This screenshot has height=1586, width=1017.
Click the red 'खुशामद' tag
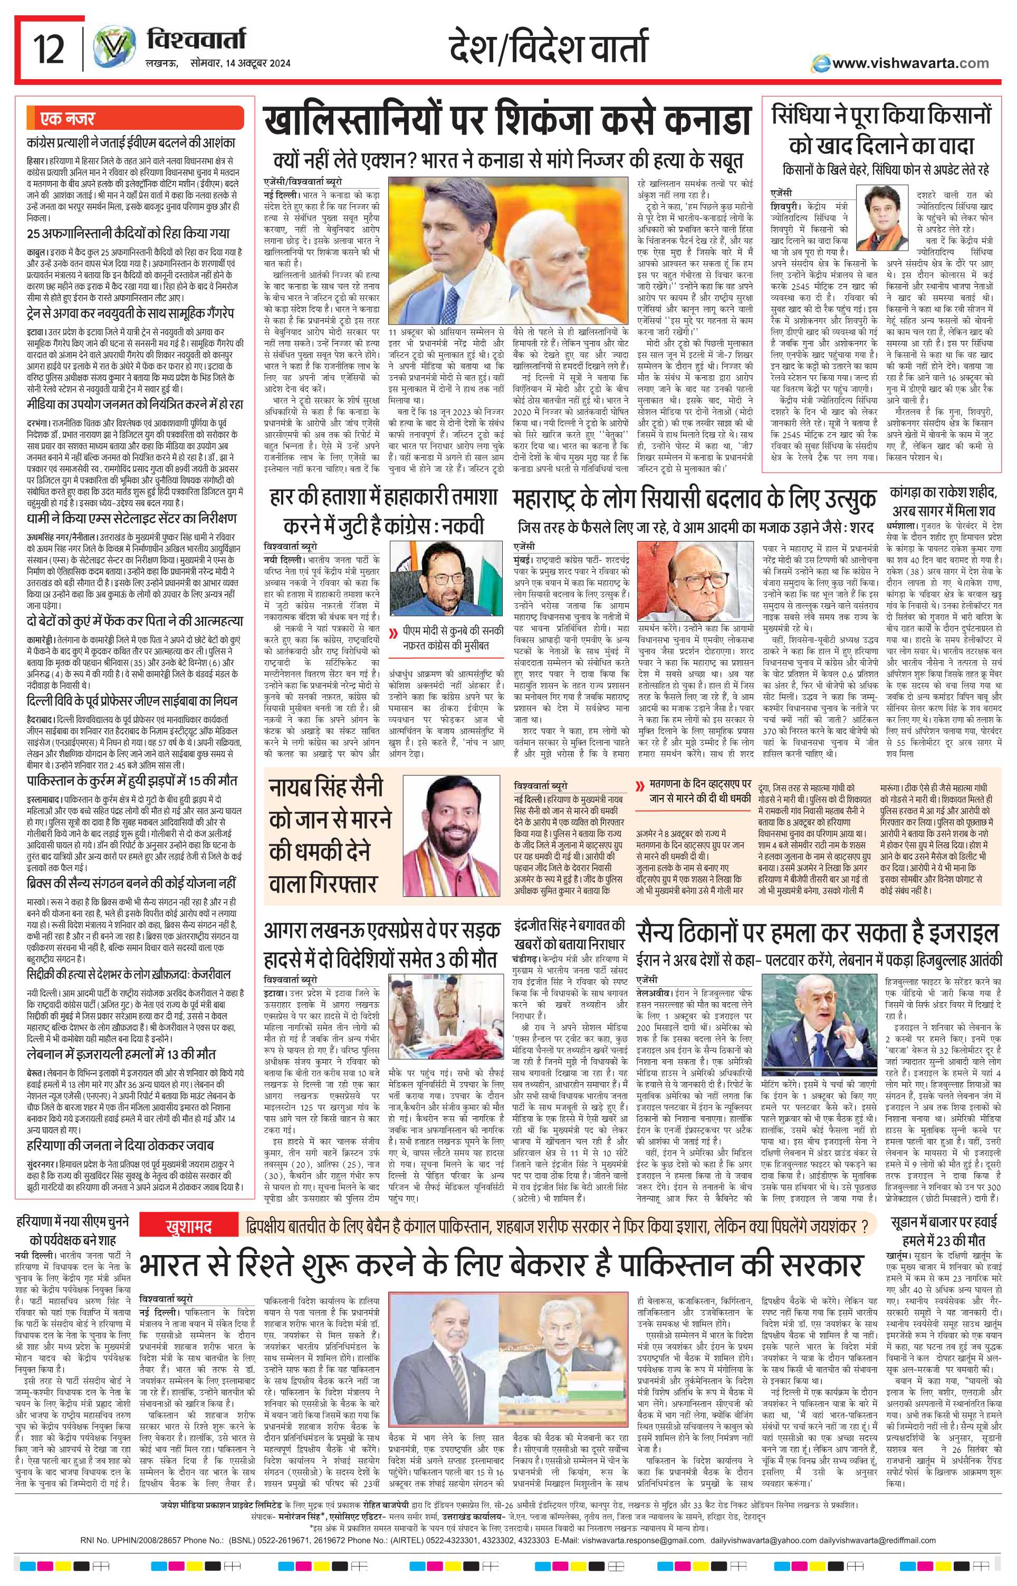click(189, 1228)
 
